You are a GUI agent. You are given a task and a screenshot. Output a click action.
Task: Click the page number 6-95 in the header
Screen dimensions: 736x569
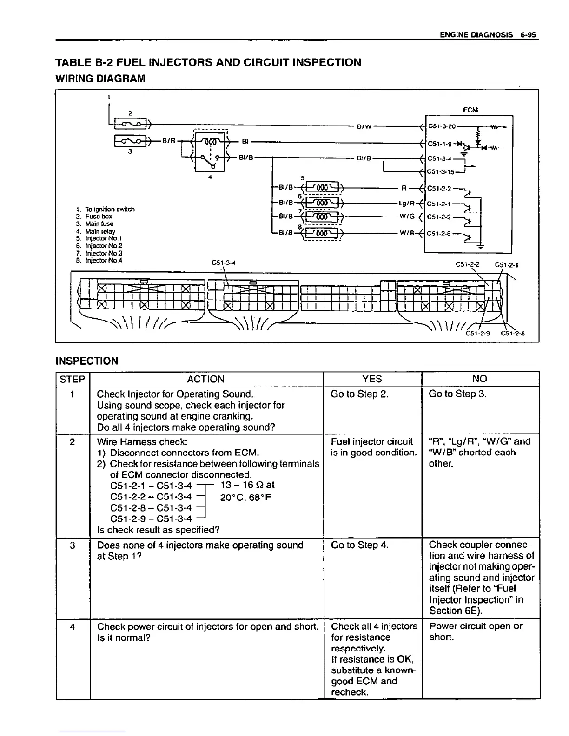coord(529,34)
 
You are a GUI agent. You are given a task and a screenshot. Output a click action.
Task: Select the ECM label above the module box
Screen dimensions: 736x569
coord(470,110)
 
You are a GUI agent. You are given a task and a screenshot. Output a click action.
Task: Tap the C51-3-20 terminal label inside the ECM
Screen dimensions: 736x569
coord(442,125)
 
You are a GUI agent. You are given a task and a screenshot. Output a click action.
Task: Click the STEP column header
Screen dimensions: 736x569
coord(73,379)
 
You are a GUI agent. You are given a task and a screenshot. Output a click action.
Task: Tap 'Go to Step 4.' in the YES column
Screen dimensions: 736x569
coord(359,545)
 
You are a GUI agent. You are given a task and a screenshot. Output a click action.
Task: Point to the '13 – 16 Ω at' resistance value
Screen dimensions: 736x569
coord(247,485)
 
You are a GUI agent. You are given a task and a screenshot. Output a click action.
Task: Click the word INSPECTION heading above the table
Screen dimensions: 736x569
coord(87,361)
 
